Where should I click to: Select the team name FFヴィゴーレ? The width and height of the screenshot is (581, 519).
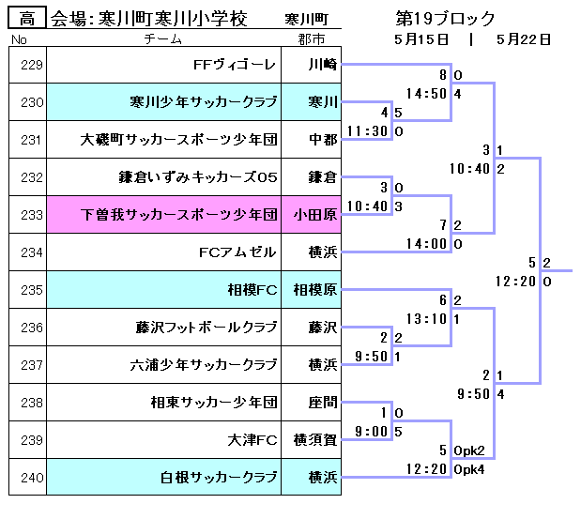[235, 65]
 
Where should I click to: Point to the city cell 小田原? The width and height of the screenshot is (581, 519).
[315, 215]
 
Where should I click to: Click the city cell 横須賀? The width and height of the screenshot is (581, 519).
[315, 440]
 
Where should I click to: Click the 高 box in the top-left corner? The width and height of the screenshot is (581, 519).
[26, 18]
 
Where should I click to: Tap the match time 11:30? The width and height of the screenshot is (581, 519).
[368, 131]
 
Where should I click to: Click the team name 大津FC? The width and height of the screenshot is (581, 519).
[253, 440]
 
